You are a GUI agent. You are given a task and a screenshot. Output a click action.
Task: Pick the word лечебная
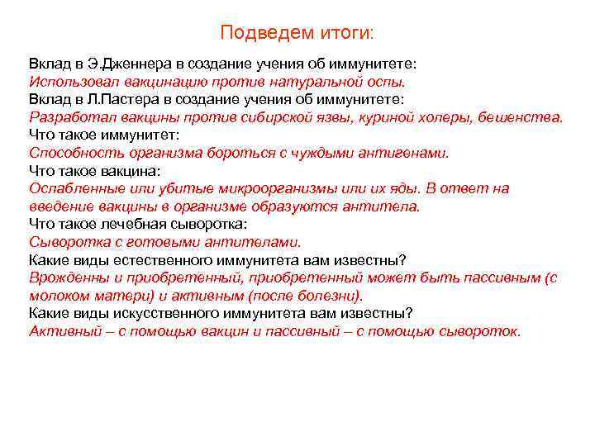[x=133, y=223]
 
